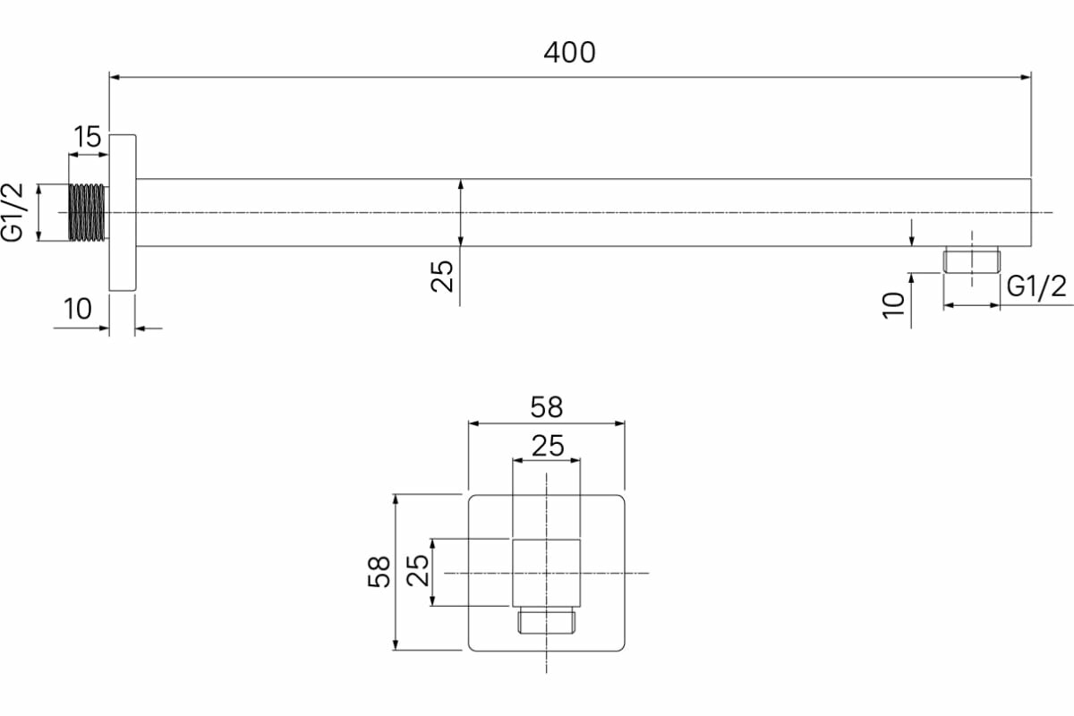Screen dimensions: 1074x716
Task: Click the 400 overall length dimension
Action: [569, 53]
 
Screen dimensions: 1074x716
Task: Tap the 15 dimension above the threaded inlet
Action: [87, 137]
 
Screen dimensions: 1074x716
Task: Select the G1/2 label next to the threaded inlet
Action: [16, 213]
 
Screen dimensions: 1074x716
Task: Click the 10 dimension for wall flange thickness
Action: [78, 309]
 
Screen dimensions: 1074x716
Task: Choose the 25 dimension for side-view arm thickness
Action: [443, 276]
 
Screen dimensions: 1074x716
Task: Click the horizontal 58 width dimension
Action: [546, 407]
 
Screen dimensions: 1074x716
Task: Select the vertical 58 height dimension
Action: [380, 571]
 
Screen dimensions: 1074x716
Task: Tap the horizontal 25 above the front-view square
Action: [547, 446]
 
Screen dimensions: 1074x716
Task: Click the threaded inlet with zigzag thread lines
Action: [87, 213]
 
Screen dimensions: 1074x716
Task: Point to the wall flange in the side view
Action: [123, 213]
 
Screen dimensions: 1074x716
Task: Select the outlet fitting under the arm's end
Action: [971, 261]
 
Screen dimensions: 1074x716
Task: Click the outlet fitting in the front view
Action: [546, 621]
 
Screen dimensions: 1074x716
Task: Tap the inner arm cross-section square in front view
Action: [546, 572]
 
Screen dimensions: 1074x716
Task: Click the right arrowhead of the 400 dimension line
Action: [1026, 78]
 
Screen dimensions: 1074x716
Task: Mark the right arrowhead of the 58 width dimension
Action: [618, 423]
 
